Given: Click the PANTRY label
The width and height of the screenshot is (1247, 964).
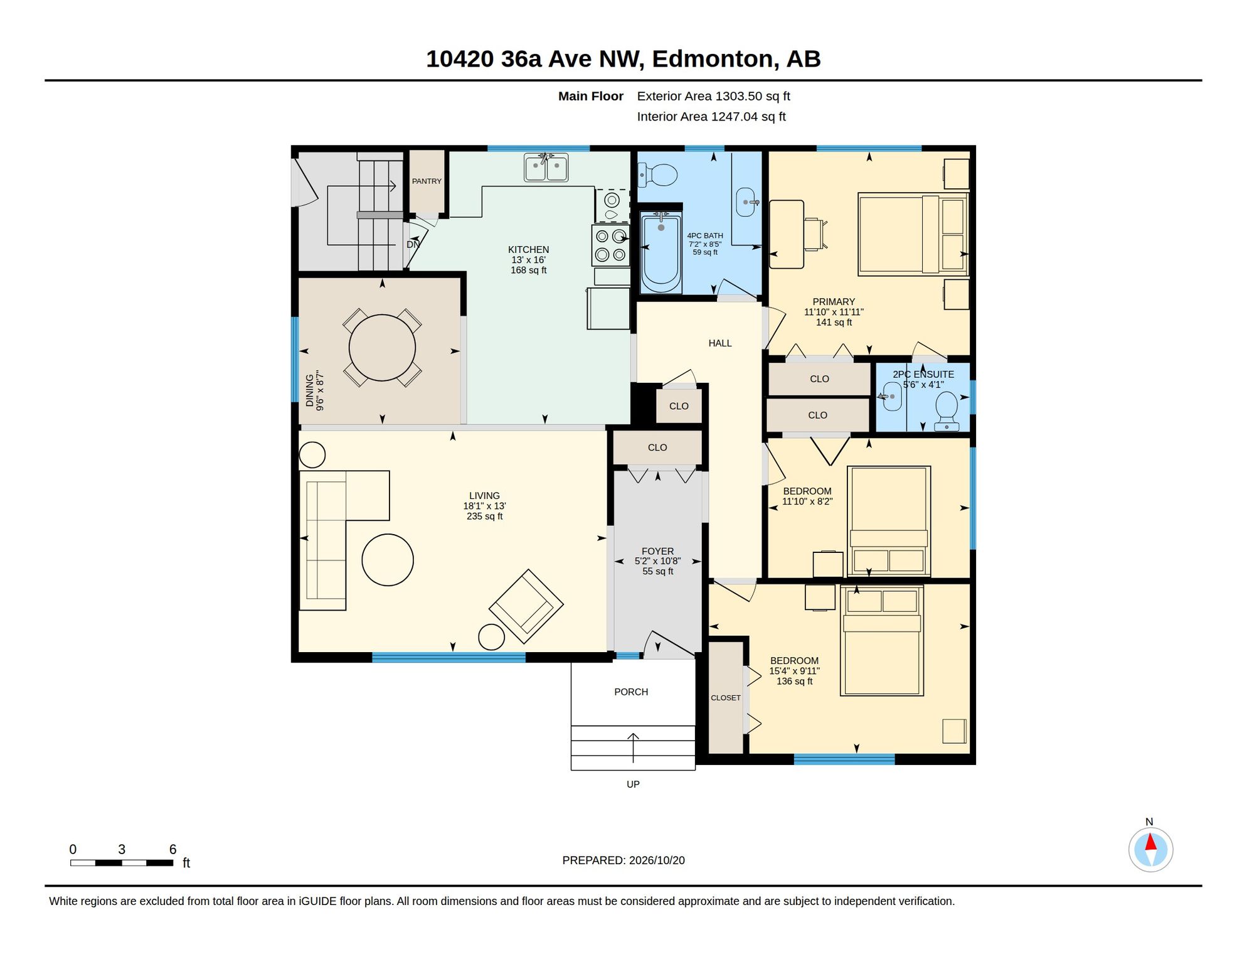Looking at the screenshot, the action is [427, 181].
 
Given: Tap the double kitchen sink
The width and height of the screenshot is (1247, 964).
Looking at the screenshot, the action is [546, 168].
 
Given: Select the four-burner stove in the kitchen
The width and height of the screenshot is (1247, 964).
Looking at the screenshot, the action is [611, 245].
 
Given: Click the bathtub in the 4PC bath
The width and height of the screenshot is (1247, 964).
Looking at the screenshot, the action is [661, 252].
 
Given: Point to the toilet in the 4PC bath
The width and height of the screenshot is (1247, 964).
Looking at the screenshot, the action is [657, 175].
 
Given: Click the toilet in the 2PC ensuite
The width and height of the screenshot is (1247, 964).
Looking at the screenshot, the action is [947, 412].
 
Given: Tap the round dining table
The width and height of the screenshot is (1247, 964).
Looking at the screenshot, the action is [382, 348].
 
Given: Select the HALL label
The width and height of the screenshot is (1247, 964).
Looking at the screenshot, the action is [720, 343].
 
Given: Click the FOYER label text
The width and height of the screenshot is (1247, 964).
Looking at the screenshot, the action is [657, 551].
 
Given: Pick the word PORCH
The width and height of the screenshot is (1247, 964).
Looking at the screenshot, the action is [631, 692].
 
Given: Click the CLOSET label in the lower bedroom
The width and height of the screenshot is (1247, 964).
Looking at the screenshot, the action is [726, 698].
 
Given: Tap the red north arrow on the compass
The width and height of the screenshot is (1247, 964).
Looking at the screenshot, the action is [1150, 842].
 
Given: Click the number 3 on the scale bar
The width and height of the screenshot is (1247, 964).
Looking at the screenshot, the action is [122, 849].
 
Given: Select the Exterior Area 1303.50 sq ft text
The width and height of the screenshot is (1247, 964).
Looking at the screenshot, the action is [713, 96].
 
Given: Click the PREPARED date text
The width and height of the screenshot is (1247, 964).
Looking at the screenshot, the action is [623, 860].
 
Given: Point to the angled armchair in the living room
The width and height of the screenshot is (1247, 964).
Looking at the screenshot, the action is [526, 606].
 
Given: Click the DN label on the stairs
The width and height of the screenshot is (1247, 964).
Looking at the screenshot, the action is [413, 245].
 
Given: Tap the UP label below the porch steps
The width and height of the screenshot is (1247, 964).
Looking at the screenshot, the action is [633, 785].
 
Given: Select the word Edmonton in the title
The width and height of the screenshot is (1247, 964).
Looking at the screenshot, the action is [712, 59].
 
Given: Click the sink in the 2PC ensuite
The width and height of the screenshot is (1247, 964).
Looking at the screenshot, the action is [891, 396].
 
